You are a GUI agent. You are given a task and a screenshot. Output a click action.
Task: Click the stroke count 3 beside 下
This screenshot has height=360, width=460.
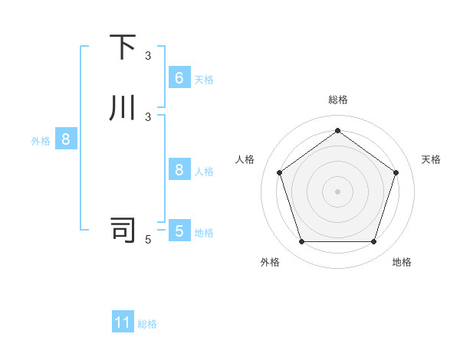click(x=148, y=56)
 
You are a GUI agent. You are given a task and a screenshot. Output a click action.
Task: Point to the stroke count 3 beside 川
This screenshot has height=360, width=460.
click(x=148, y=116)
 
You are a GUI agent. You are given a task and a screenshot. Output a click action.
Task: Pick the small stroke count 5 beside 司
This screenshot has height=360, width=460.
click(x=148, y=240)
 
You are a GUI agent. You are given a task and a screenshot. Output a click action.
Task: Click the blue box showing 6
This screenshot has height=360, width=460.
click(x=179, y=78)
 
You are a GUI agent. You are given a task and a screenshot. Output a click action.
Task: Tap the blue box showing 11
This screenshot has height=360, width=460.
click(x=123, y=322)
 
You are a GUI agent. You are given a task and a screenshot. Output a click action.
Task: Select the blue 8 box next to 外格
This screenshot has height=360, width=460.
click(x=66, y=139)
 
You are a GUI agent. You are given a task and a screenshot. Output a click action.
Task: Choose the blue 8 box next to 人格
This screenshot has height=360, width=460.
click(x=179, y=170)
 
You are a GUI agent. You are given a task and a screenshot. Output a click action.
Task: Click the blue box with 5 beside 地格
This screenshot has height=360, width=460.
click(x=179, y=231)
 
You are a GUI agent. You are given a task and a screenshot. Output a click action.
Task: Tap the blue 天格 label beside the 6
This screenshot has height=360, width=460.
click(x=204, y=80)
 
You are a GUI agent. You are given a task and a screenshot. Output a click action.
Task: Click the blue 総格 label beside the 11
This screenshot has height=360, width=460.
click(x=147, y=324)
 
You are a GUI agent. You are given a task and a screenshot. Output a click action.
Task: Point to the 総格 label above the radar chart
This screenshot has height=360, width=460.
click(x=337, y=100)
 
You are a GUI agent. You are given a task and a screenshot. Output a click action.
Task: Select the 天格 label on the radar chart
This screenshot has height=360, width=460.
click(x=431, y=159)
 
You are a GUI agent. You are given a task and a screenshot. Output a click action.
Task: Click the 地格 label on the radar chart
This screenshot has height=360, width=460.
click(x=402, y=263)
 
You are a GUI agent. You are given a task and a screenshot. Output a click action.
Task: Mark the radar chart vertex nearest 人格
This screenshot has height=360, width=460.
click(x=279, y=172)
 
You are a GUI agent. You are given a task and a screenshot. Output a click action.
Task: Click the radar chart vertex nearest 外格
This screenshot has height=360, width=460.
click(x=301, y=242)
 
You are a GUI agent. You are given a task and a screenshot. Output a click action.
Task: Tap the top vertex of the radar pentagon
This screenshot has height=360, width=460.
click(x=337, y=130)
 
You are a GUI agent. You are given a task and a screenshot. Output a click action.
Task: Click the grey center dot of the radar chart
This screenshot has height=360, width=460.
click(x=337, y=191)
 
